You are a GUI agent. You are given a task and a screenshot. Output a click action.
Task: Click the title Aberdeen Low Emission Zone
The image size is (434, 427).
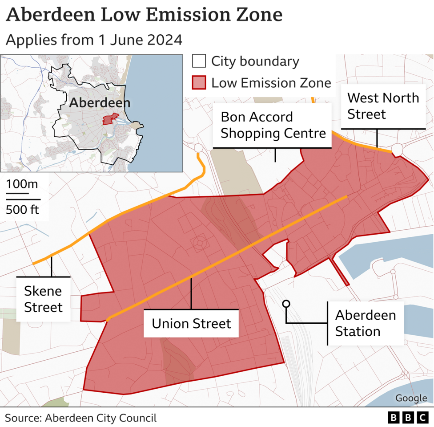pos(144,15)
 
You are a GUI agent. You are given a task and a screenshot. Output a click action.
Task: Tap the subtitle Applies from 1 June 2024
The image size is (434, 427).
pos(94,40)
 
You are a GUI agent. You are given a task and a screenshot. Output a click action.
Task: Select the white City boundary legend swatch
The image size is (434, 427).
pos(199,61)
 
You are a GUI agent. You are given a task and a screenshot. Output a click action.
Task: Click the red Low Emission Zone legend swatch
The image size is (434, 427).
pos(199,83)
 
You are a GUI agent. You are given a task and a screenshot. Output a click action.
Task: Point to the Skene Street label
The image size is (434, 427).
pos(43,299)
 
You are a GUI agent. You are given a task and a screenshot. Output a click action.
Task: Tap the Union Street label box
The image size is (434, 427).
pos(191,323)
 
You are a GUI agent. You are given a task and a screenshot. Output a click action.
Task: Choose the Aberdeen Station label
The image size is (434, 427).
pos(365,323)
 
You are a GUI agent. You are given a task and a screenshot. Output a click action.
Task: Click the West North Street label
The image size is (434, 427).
pos(383,106)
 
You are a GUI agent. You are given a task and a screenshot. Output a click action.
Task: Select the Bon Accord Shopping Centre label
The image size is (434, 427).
pos(273,125)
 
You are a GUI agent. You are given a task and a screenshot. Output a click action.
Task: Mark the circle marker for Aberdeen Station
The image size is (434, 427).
pos(286,304)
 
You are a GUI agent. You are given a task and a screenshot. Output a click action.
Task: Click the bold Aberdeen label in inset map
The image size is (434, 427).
pos(100,103)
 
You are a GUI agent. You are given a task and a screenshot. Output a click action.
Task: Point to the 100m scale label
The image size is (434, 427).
pos(22,183)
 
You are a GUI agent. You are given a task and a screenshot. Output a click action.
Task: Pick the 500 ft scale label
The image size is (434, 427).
pos(22,209)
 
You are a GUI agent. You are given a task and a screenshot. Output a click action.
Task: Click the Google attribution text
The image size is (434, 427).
pos(411,398)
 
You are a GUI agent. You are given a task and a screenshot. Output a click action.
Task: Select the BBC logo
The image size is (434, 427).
pos(408,417)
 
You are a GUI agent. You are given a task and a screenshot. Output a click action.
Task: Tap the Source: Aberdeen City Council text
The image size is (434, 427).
pos(81,418)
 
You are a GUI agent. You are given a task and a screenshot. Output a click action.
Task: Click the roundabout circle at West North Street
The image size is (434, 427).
pos(397,150)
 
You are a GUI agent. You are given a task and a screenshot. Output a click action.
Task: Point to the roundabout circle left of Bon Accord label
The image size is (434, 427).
pos(198,148)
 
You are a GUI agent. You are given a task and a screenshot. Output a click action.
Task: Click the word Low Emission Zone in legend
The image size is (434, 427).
pos(271,83)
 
